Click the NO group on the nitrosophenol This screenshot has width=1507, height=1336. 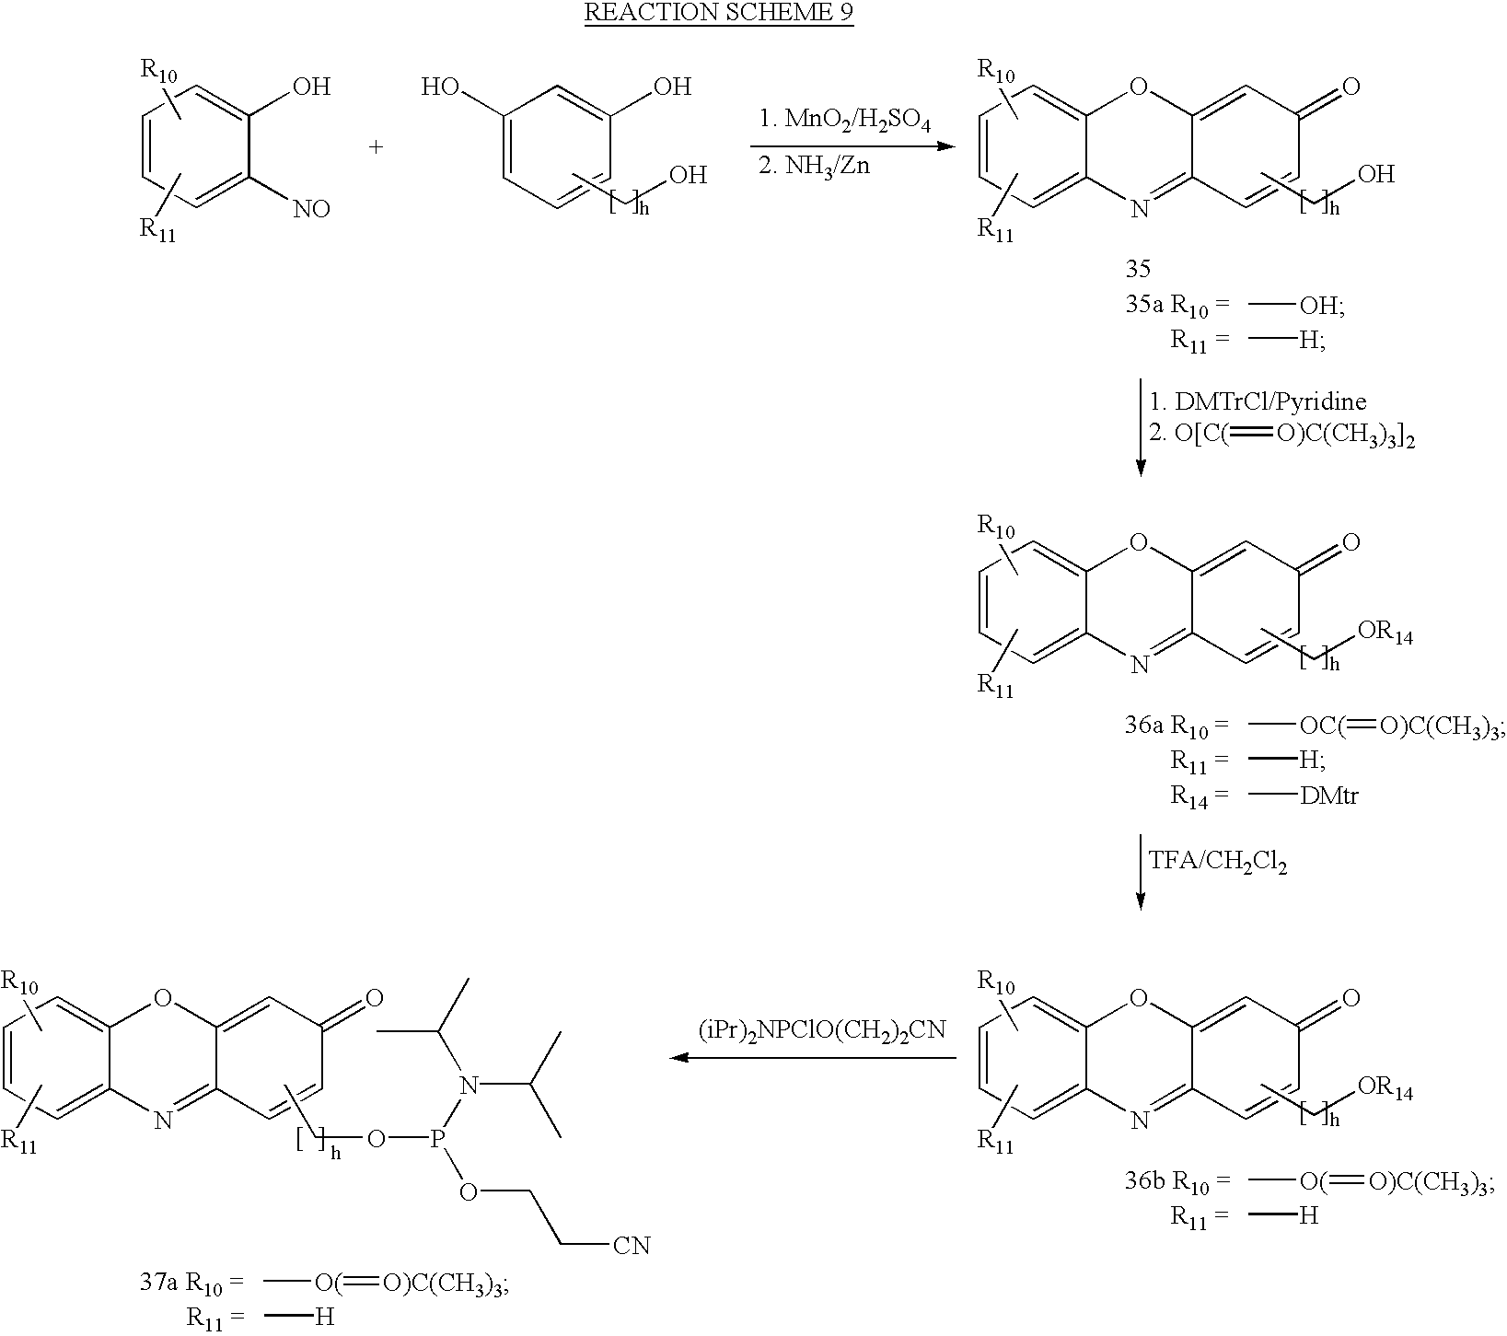coord(311,210)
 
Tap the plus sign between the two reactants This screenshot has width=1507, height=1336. coord(376,146)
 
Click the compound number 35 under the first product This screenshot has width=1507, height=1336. coord(1138,269)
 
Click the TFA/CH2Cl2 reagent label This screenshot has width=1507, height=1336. coord(1217,861)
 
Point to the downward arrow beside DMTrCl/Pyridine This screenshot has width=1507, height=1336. coord(1141,427)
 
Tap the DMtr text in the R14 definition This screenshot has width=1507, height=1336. coord(1329,796)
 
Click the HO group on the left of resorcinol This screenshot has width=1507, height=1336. coord(440,88)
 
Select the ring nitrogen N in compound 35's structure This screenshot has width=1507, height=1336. coord(1139,210)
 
